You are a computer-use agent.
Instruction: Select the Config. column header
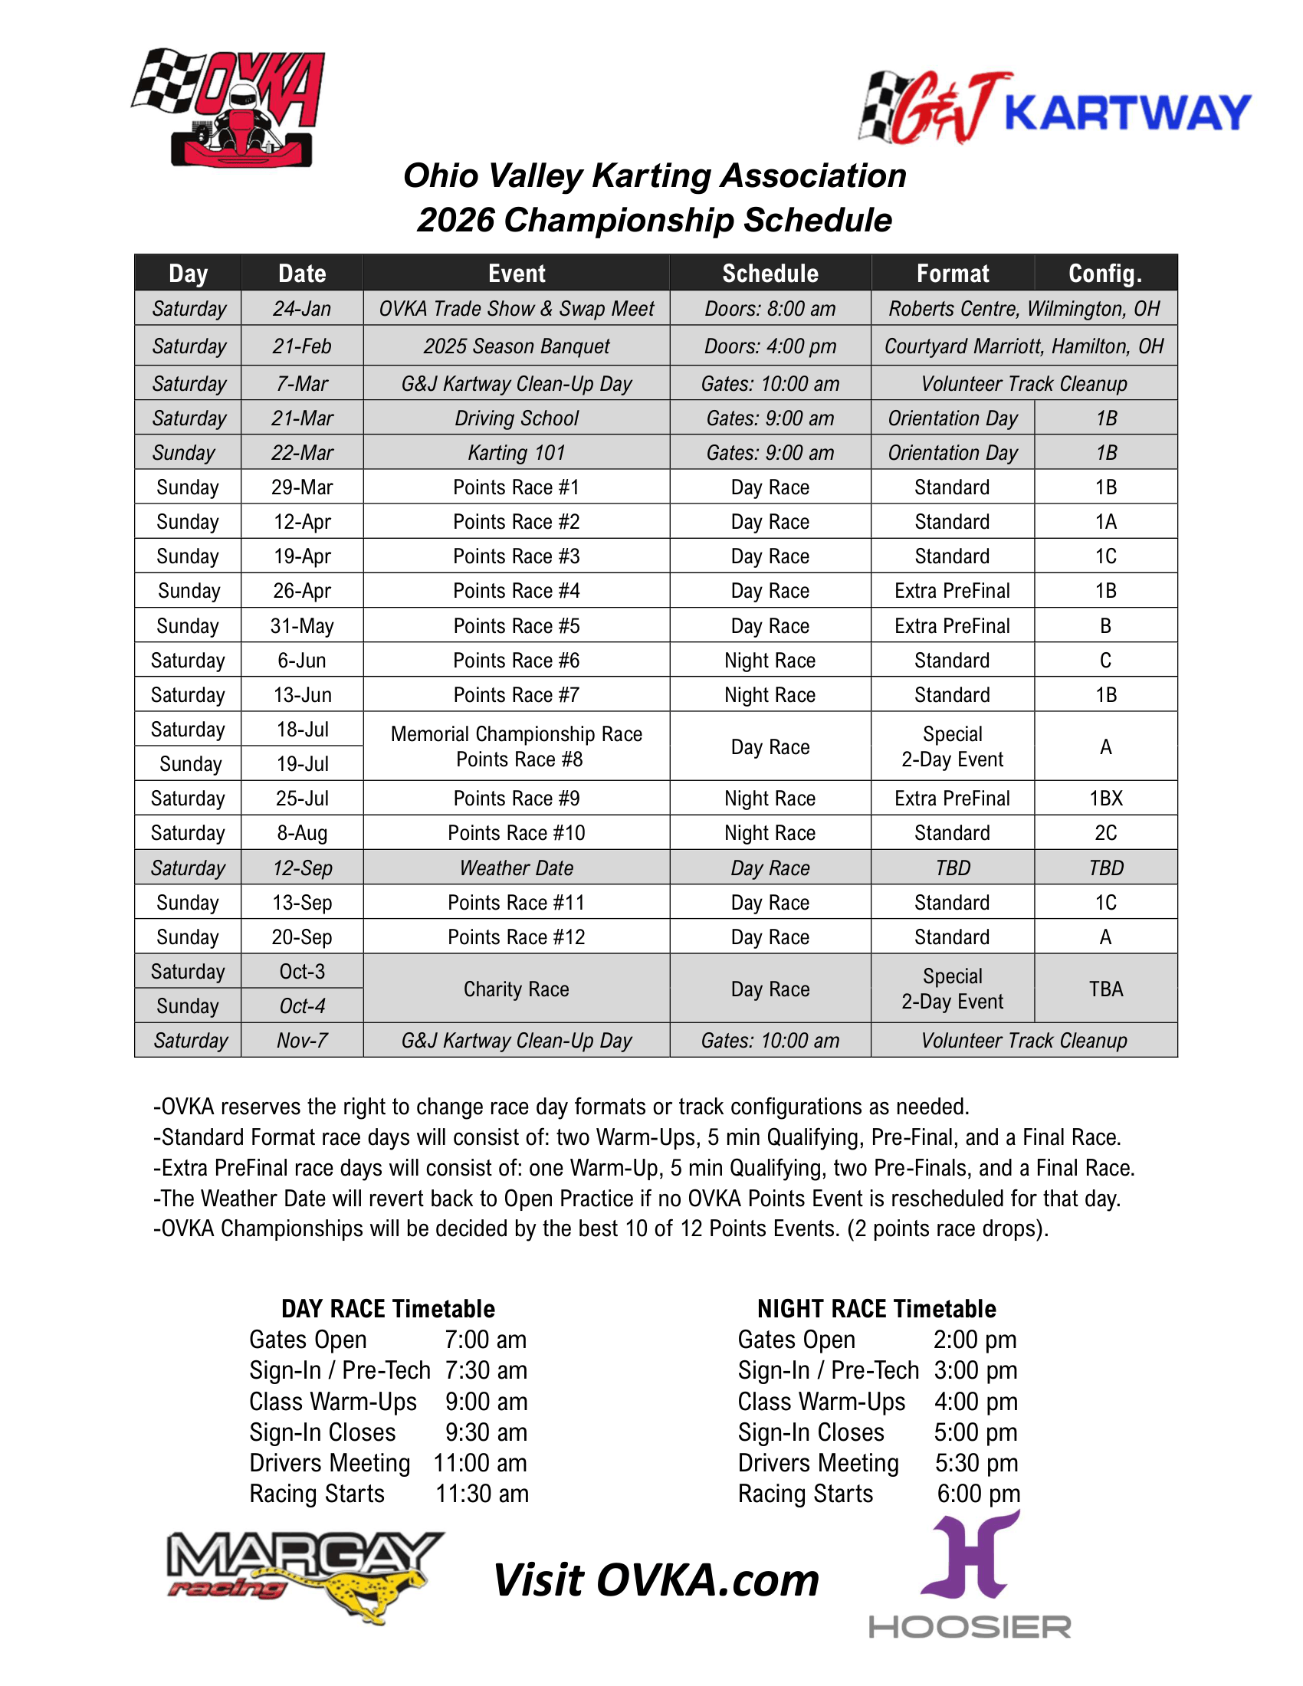click(1104, 274)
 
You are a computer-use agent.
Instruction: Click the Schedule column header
click(770, 274)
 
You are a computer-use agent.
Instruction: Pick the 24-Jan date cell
click(302, 309)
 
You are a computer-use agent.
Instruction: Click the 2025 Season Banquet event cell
click(517, 346)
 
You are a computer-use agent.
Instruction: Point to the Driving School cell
click(517, 418)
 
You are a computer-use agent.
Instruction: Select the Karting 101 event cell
click(517, 453)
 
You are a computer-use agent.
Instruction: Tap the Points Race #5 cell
click(517, 626)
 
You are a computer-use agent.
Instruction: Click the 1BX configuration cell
click(1105, 799)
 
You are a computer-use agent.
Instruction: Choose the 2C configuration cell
click(1105, 833)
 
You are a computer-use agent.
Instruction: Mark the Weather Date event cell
click(517, 868)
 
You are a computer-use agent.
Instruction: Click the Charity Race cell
click(517, 989)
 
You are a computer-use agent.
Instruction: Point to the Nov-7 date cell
click(302, 1041)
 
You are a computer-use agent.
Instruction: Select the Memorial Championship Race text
click(517, 734)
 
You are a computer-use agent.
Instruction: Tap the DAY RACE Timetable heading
click(388, 1309)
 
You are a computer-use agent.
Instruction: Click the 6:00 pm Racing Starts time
click(978, 1494)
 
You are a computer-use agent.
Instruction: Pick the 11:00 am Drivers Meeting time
click(480, 1464)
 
